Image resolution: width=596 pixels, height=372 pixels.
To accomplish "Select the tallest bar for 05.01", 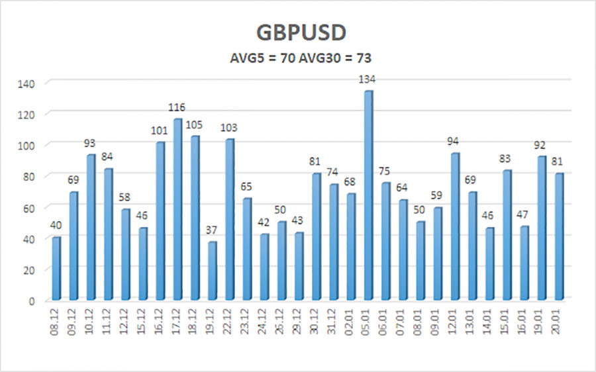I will (x=368, y=195).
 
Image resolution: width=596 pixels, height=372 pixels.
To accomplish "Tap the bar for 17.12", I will (x=177, y=209).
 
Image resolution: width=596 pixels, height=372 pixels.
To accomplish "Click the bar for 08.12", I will (x=56, y=269).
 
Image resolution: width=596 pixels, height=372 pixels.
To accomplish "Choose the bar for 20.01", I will (x=558, y=237).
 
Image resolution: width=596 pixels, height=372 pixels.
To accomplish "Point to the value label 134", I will (x=368, y=79).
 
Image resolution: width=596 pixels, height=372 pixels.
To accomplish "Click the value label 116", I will (x=177, y=107).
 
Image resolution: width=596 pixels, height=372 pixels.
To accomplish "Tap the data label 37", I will (x=211, y=230).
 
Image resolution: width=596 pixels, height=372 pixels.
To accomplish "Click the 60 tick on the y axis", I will (x=29, y=208).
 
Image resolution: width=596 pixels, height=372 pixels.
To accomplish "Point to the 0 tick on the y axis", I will (x=32, y=301).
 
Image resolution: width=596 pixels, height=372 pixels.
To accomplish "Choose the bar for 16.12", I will (x=160, y=221).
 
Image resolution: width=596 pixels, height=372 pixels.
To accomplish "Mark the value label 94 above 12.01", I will (x=454, y=142).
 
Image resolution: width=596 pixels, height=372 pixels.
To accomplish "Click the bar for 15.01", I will (x=507, y=236).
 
